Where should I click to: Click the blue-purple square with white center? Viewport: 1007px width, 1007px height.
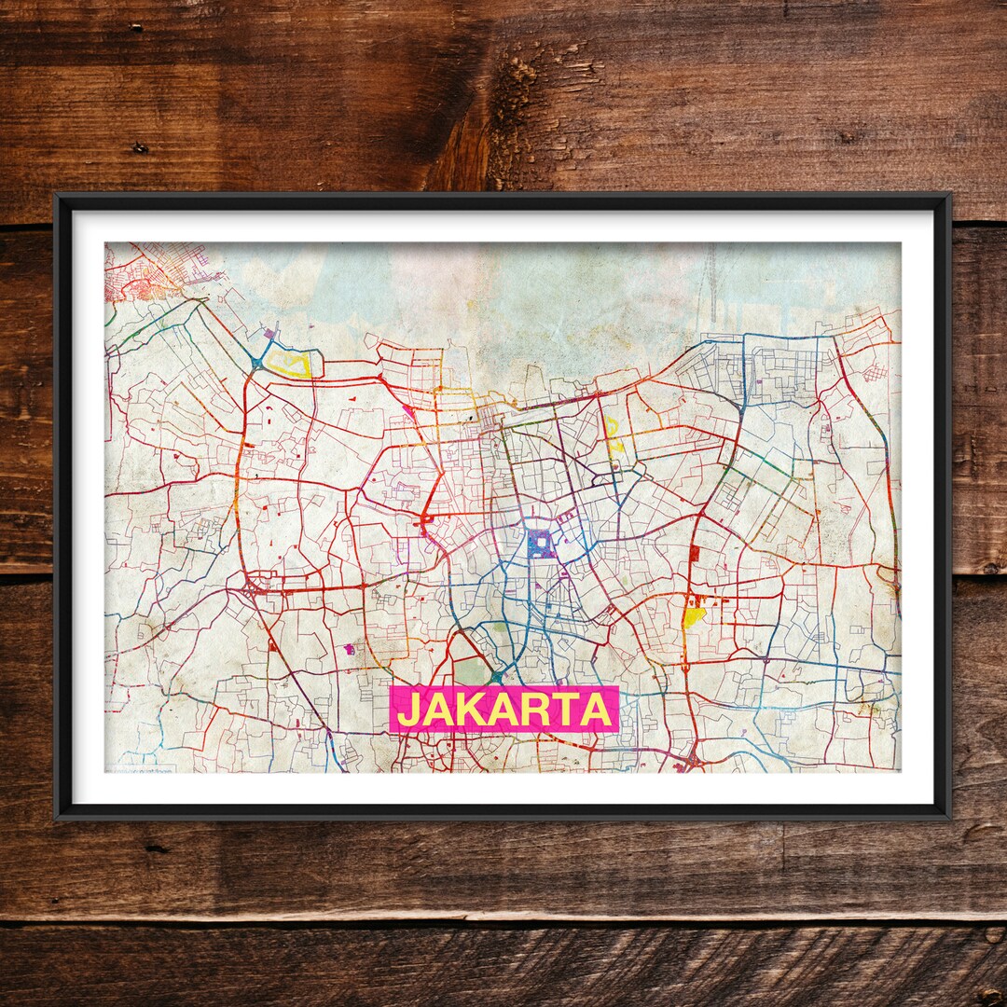click(x=539, y=542)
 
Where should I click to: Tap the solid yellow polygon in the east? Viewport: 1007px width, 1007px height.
click(x=694, y=616)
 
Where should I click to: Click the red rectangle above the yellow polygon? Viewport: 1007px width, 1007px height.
click(x=694, y=554)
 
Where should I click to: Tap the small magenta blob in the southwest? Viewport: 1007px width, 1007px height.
click(x=349, y=648)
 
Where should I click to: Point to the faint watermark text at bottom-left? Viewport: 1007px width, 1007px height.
click(x=140, y=769)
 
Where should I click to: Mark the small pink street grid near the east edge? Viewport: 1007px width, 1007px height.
click(x=875, y=374)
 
